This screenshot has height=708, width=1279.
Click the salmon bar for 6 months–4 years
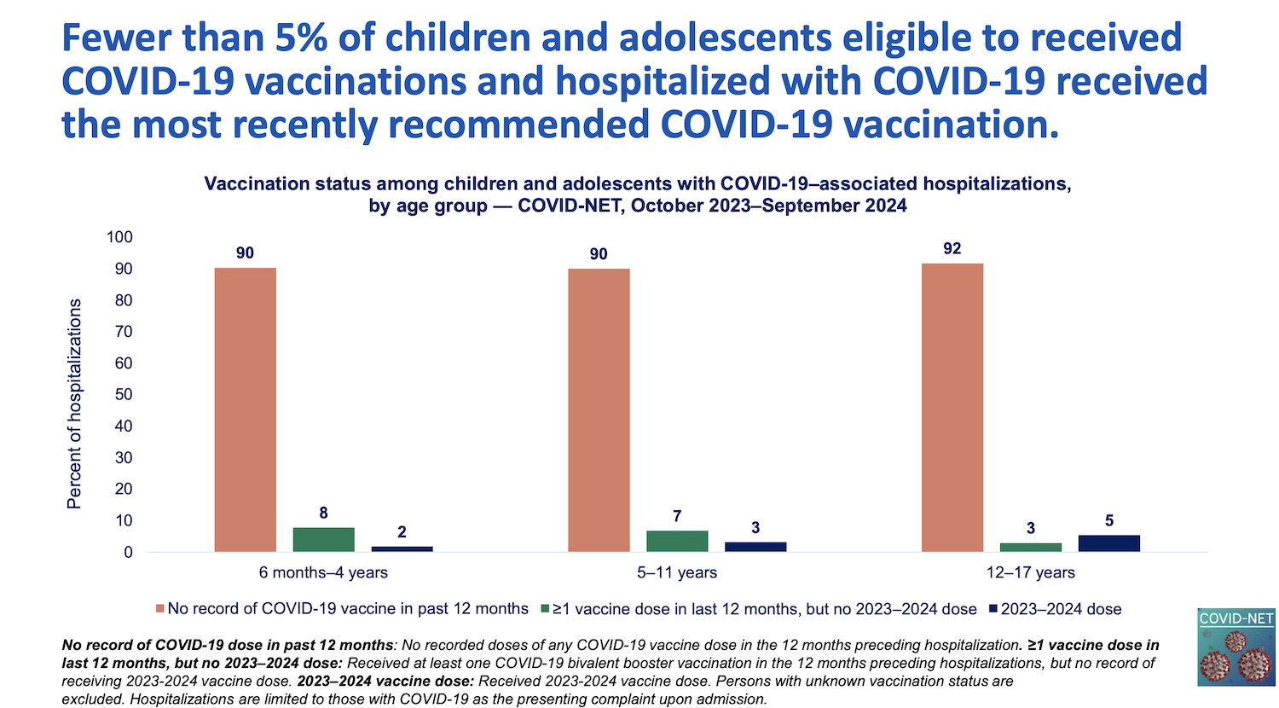click(x=245, y=409)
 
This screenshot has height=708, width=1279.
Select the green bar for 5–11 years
click(x=677, y=542)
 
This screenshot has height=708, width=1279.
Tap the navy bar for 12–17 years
click(x=1108, y=543)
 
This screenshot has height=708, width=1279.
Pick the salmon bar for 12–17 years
click(x=952, y=408)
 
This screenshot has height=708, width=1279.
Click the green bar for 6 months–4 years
click(x=323, y=540)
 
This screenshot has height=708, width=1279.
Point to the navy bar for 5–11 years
click(x=755, y=547)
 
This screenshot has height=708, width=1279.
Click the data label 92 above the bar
click(x=952, y=248)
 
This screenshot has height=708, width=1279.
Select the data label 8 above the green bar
click(x=323, y=513)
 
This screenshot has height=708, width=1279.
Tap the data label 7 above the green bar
click(x=677, y=516)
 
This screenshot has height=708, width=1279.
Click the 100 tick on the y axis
click(x=119, y=237)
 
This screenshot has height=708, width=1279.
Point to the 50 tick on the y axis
click(x=124, y=394)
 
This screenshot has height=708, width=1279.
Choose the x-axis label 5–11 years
click(x=677, y=572)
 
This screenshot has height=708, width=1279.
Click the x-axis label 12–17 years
click(x=1030, y=572)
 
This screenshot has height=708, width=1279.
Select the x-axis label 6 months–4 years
click(x=323, y=572)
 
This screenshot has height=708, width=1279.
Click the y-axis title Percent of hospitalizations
click(x=75, y=403)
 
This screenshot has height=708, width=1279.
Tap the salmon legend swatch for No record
click(x=159, y=609)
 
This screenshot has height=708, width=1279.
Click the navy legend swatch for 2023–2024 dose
click(x=993, y=609)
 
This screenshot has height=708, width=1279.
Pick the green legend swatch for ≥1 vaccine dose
click(x=545, y=609)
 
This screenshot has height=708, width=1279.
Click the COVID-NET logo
click(x=1236, y=647)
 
